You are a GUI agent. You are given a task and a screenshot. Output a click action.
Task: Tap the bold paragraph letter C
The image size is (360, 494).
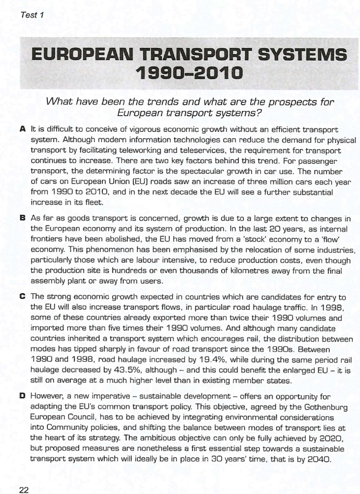tap(23, 297)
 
